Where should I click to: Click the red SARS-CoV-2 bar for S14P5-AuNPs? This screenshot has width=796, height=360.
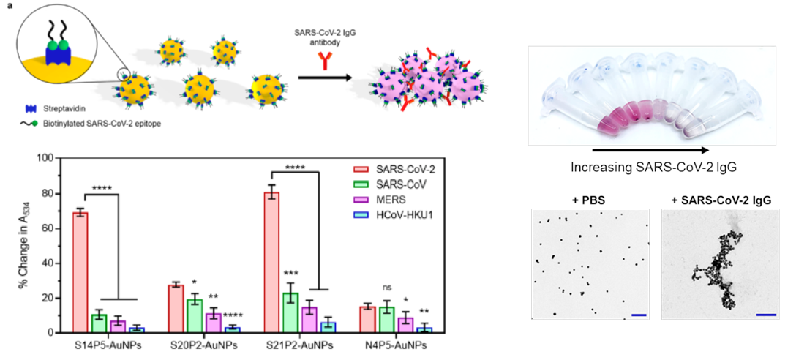tap(80, 273)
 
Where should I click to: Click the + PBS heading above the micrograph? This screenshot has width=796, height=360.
tap(590, 200)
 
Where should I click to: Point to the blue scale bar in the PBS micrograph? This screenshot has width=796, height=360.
tap(639, 315)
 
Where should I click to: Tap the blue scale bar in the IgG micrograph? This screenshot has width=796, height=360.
tap(763, 315)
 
